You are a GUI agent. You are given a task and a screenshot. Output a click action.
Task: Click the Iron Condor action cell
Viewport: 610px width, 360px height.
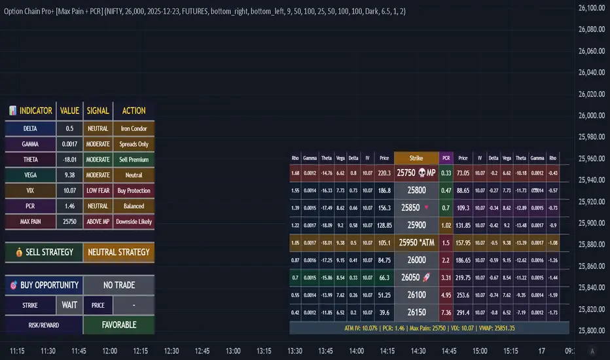[x=134, y=129]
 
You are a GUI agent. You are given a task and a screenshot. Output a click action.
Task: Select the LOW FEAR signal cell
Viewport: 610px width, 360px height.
[x=98, y=190]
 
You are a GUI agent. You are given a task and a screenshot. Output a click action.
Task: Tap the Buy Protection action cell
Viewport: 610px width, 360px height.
[x=134, y=190]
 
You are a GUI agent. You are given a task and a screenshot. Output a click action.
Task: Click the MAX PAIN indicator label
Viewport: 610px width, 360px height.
[x=29, y=221]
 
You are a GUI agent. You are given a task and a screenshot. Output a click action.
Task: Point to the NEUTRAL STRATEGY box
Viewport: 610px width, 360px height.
[x=119, y=252]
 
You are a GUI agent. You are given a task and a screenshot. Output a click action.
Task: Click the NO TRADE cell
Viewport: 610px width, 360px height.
[x=119, y=285]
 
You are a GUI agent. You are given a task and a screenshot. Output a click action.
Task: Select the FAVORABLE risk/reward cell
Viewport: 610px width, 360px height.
[x=119, y=324]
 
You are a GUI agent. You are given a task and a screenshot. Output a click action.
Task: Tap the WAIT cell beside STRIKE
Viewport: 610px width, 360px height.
[x=70, y=304]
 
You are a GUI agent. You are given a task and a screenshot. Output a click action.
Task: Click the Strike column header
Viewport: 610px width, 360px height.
[x=416, y=158]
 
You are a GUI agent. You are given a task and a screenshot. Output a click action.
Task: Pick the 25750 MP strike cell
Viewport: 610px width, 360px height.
[x=416, y=173]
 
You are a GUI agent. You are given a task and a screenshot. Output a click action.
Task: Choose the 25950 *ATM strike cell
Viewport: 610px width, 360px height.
[x=416, y=243]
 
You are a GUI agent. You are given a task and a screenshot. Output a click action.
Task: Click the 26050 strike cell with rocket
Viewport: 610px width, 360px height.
[x=416, y=278]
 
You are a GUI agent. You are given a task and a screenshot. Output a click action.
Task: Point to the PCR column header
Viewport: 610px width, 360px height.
[x=446, y=158]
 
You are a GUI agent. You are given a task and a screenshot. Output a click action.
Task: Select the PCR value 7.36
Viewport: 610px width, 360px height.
[x=446, y=312]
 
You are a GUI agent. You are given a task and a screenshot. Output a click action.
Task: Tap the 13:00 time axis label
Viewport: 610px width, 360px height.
[x=232, y=350]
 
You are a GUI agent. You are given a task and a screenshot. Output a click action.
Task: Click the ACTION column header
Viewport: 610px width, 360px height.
[x=134, y=111]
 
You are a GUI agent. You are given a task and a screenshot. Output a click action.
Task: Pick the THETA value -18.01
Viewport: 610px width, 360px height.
[x=69, y=160]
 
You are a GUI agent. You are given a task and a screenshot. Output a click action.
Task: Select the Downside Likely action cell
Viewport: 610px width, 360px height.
[x=134, y=221]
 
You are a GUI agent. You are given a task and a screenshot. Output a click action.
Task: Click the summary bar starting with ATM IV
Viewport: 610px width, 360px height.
[x=429, y=327]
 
